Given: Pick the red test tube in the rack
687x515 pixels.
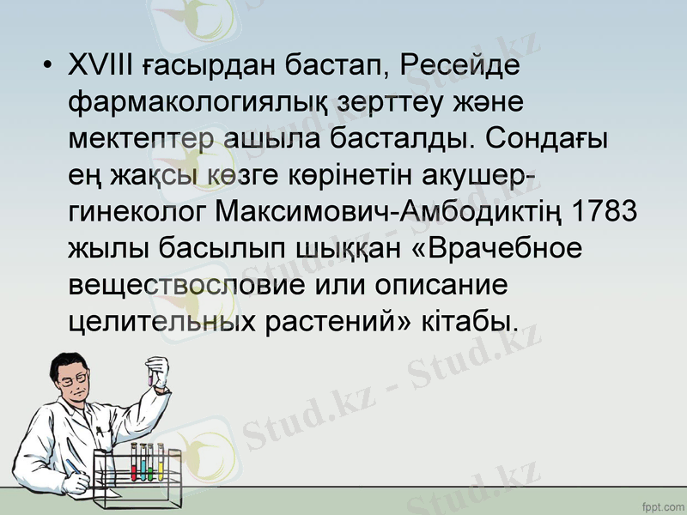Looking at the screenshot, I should tap(134, 464).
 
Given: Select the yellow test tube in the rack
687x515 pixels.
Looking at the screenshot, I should tap(161, 464).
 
